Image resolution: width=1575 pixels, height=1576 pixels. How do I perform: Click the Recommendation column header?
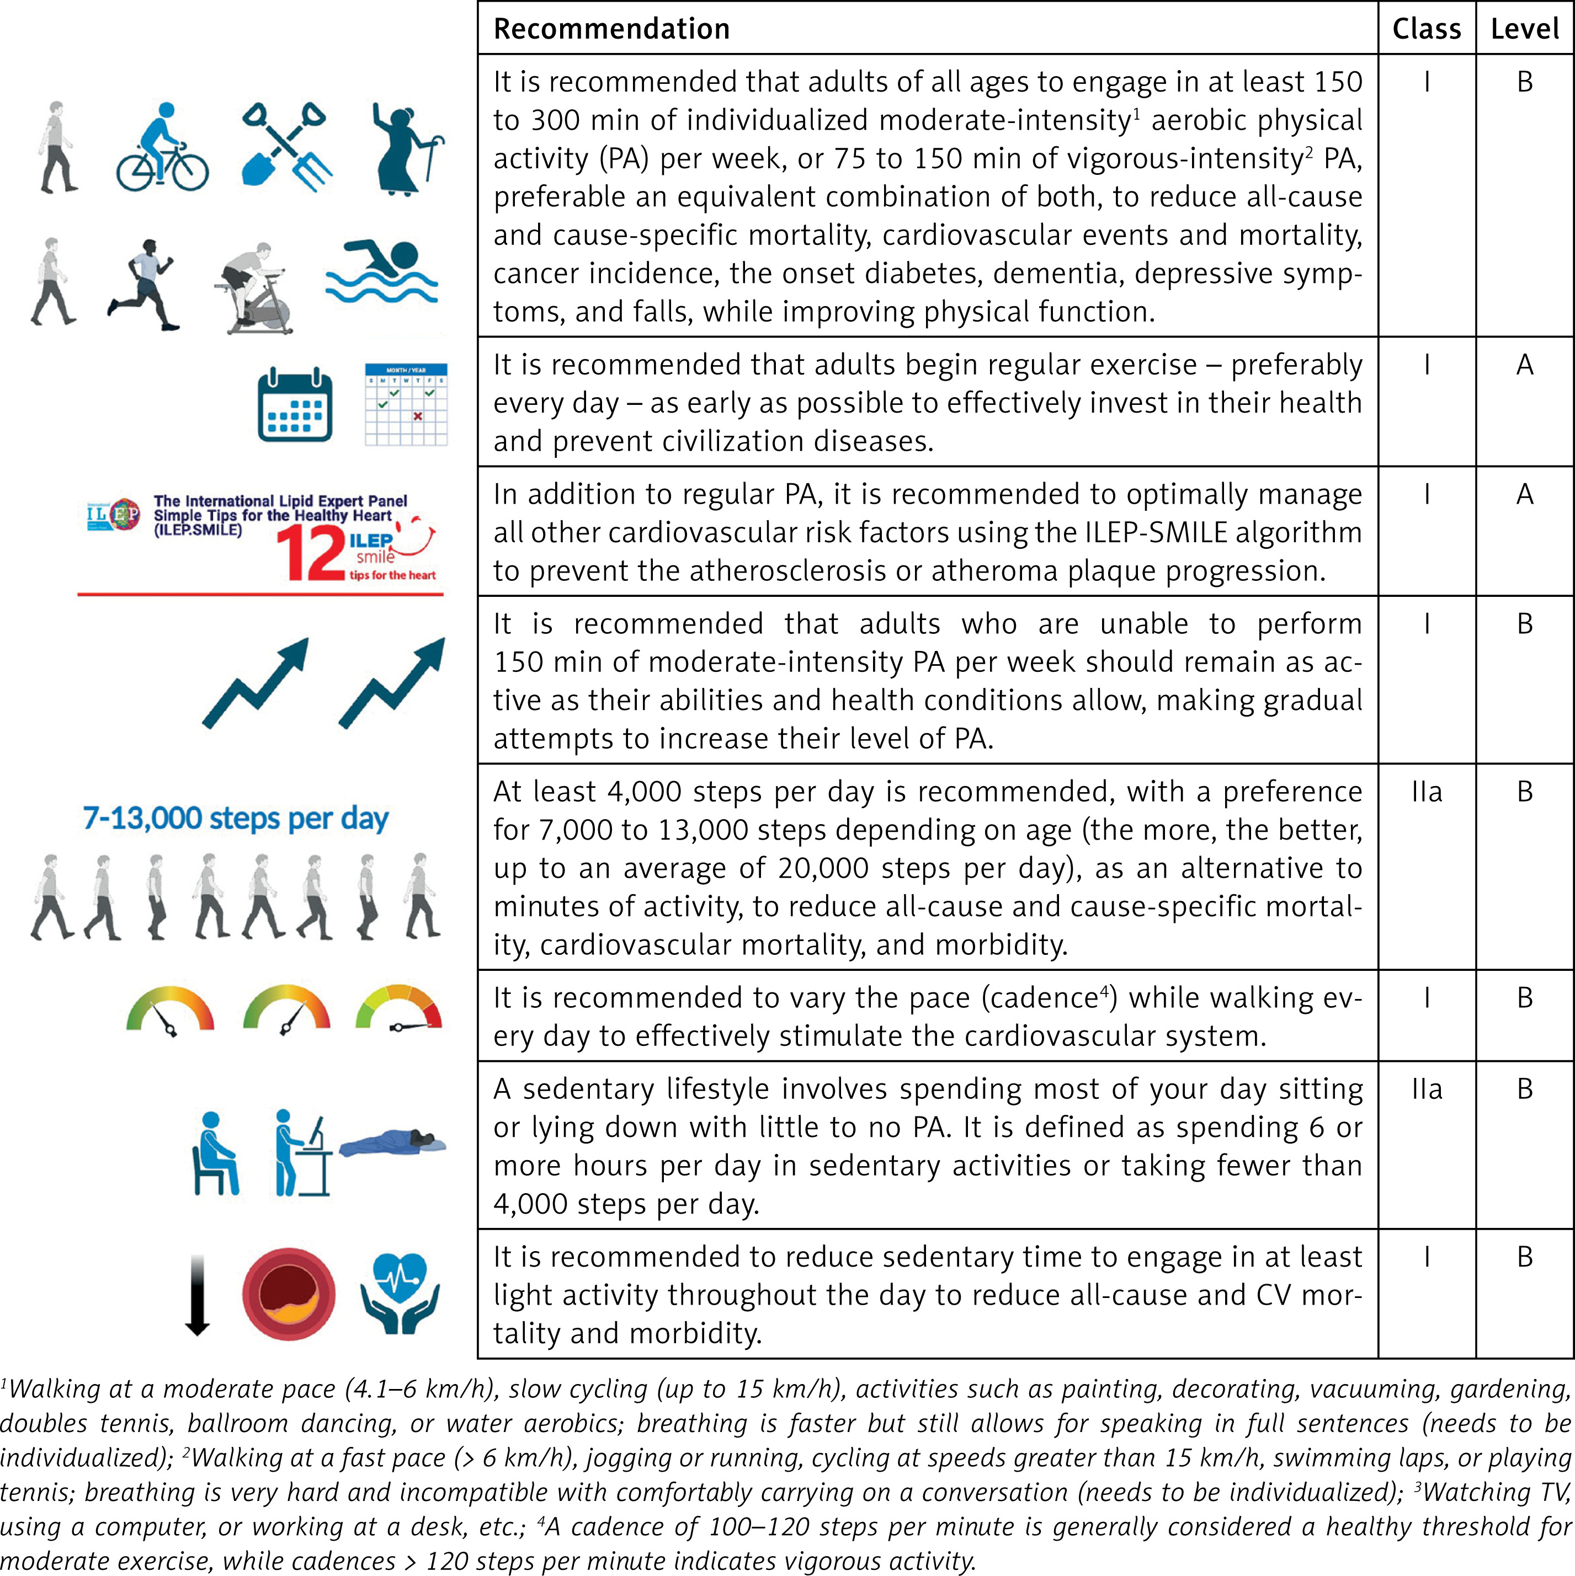(611, 29)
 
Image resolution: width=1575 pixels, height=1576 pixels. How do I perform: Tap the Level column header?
(1524, 29)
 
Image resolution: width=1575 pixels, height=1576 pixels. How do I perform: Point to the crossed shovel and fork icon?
(286, 147)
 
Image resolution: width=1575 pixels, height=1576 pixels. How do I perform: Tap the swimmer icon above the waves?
(382, 270)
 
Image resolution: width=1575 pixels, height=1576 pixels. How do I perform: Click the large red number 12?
(310, 553)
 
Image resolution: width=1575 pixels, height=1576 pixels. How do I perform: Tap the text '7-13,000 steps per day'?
(236, 818)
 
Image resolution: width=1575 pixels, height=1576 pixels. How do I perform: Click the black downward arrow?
(196, 1295)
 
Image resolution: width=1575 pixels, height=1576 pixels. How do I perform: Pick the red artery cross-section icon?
(288, 1294)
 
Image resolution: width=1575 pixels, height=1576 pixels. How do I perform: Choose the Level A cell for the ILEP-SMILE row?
(1524, 494)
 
